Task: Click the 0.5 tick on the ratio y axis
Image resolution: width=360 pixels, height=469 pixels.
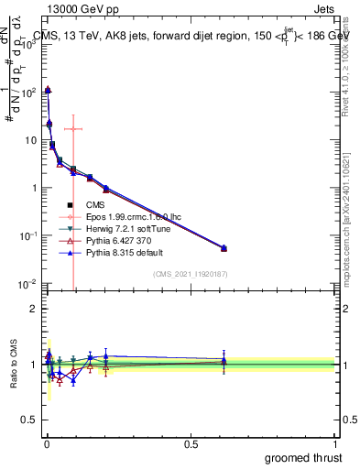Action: tap(27, 420)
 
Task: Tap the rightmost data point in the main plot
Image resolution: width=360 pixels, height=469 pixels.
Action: tap(224, 248)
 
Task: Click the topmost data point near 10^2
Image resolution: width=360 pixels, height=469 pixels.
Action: tap(48, 90)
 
